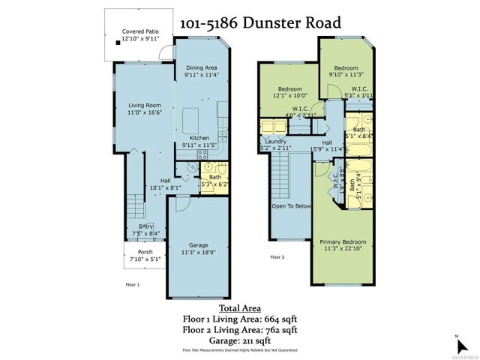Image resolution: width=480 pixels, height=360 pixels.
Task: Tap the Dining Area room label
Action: coord(201,67)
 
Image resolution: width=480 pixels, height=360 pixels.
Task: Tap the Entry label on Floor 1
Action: coord(145,226)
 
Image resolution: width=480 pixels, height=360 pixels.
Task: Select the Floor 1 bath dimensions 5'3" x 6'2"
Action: coord(216,184)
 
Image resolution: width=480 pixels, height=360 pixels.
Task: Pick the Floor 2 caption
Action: coord(277,256)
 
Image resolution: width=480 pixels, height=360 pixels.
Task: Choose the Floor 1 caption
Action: coord(132,284)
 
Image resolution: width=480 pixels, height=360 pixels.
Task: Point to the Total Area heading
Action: coord(240,307)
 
